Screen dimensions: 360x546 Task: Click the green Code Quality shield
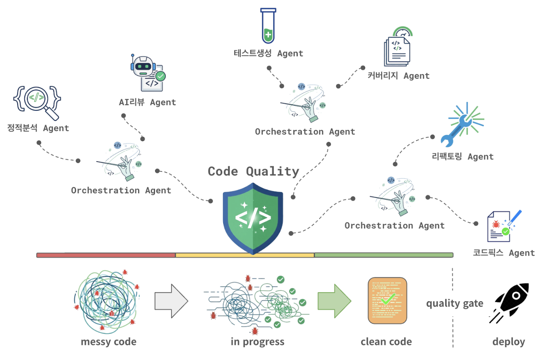pyautogui.click(x=253, y=217)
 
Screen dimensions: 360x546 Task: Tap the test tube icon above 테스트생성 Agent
pyautogui.click(x=268, y=26)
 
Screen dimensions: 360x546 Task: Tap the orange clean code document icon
pyautogui.click(x=387, y=300)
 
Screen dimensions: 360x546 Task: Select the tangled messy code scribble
pyautogui.click(x=107, y=301)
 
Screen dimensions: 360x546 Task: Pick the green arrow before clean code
pyautogui.click(x=334, y=301)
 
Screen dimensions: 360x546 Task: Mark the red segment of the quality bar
pyautogui.click(x=106, y=255)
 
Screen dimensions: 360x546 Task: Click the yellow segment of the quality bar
pyautogui.click(x=245, y=255)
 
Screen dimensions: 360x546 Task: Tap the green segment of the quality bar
pyautogui.click(x=383, y=255)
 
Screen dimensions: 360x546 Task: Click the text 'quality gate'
pyautogui.click(x=455, y=304)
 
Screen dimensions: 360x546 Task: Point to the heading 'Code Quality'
pyautogui.click(x=253, y=171)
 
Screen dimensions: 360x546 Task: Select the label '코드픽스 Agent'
pyautogui.click(x=504, y=253)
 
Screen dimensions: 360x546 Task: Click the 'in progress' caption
pyautogui.click(x=257, y=342)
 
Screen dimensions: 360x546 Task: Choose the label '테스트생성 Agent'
pyautogui.click(x=268, y=53)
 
